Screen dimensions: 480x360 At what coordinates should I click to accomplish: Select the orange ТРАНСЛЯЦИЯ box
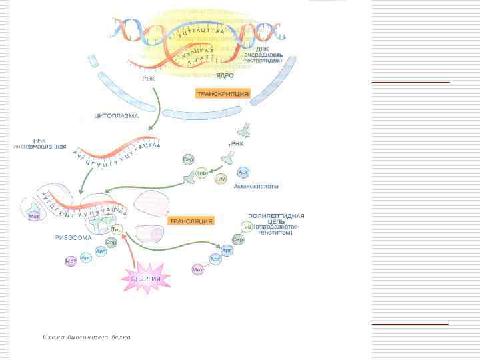(x=190, y=221)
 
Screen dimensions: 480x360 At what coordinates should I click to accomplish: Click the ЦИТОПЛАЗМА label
(x=115, y=116)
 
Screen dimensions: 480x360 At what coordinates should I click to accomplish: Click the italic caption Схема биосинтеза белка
(x=87, y=337)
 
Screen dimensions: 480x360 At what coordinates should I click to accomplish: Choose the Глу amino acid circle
(x=220, y=179)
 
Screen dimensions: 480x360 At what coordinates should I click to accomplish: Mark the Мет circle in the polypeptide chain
(x=197, y=269)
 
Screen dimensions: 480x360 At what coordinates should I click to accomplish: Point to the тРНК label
(x=237, y=143)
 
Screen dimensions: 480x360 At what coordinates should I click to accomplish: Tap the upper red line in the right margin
(x=410, y=82)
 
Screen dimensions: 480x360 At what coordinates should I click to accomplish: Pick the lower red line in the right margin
(x=410, y=323)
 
